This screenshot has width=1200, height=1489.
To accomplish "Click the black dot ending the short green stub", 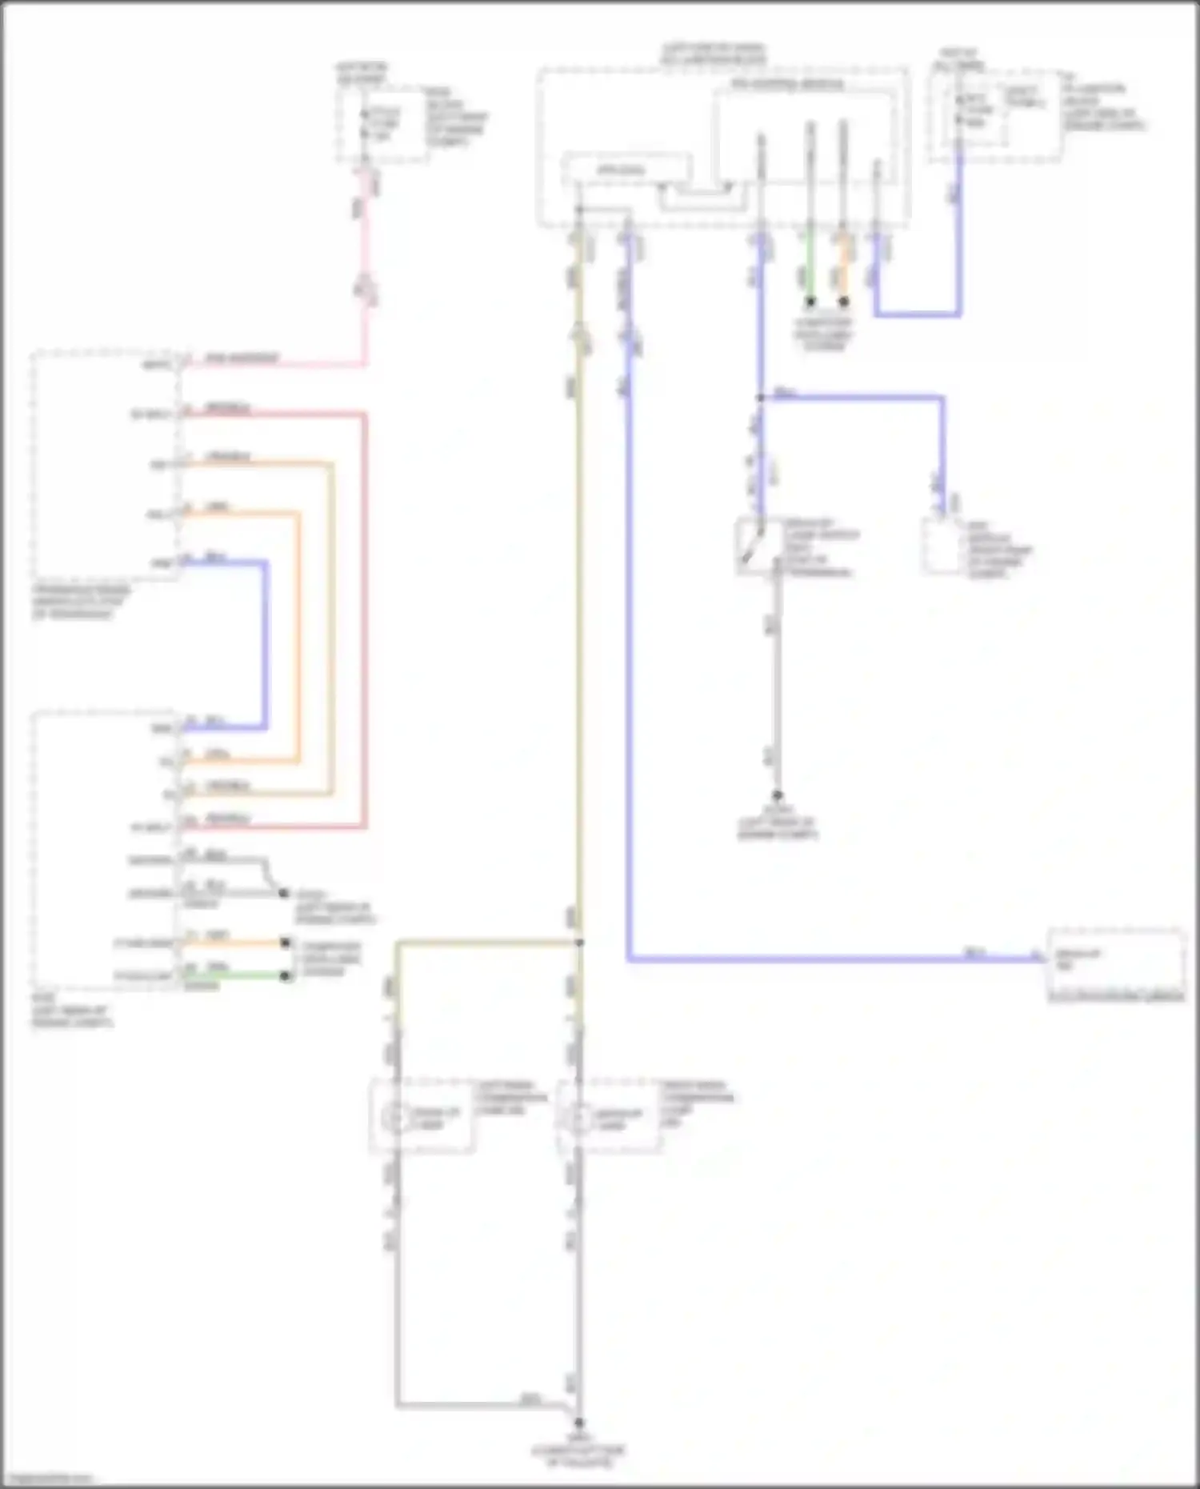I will pos(810,302).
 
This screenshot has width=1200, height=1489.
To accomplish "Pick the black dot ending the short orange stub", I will pos(843,302).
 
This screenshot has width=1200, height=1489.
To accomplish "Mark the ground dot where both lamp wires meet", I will pos(578,1423).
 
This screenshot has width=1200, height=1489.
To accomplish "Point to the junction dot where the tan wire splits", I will pos(578,943).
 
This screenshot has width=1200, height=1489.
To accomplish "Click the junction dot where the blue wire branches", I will pos(760,397).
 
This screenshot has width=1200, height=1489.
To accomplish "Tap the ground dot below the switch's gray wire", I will pos(776,795).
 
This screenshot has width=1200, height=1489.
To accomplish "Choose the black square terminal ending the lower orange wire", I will pos(285,943).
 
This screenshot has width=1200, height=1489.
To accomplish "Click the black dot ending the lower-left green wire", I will pos(285,976).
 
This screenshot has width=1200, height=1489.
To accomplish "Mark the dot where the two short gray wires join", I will pos(282,892).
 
